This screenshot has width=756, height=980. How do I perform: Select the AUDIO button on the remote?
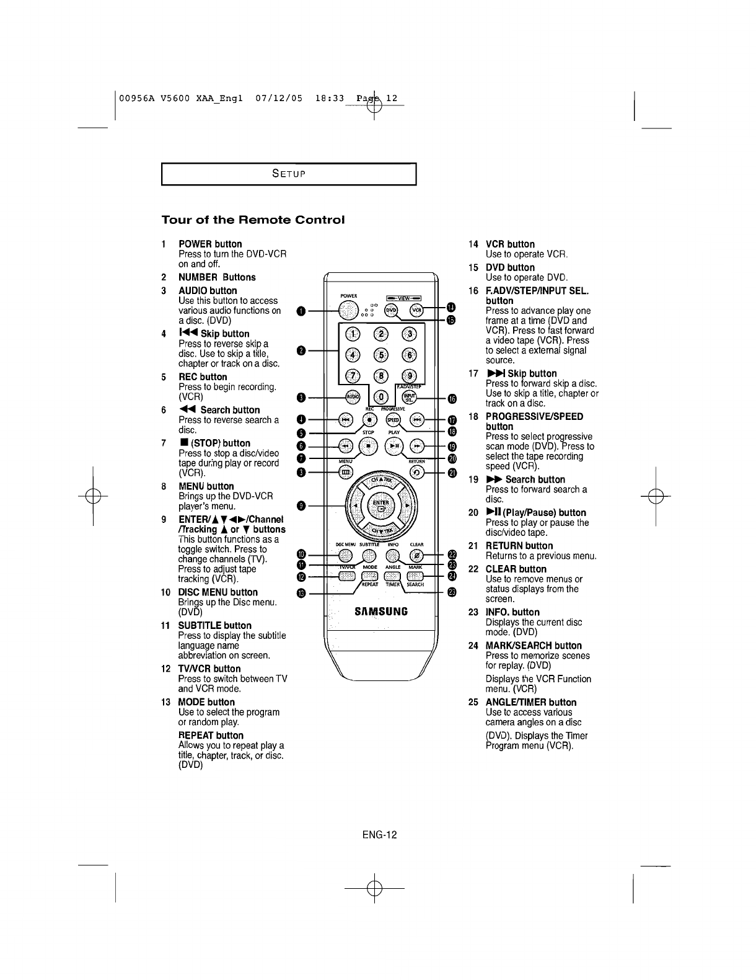(x=352, y=397)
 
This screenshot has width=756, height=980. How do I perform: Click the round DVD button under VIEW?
(x=392, y=310)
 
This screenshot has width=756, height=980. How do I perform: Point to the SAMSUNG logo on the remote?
(x=380, y=611)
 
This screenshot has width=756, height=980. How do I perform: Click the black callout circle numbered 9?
(x=301, y=506)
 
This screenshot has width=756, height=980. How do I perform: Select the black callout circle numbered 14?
(x=451, y=308)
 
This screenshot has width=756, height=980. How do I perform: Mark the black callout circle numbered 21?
(x=452, y=473)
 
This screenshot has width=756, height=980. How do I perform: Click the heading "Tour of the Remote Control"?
(x=252, y=220)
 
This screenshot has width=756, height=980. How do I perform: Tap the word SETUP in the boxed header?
(x=289, y=174)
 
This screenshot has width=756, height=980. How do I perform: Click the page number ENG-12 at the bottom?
(x=380, y=834)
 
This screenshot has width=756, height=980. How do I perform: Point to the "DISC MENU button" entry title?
(x=218, y=592)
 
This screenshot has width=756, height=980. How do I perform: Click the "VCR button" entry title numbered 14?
(x=510, y=244)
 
